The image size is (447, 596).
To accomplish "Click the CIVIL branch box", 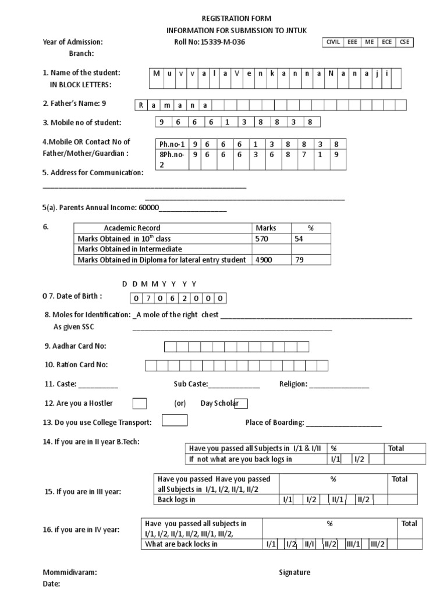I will pyautogui.click(x=333, y=42).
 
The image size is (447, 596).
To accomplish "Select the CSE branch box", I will pyautogui.click(x=405, y=42).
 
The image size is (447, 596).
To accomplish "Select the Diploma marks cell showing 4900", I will pyautogui.click(x=264, y=260).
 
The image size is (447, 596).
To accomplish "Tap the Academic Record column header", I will pyautogui.click(x=132, y=228).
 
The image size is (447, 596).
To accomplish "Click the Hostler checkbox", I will pyautogui.click(x=140, y=403).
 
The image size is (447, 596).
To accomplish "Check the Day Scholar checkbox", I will pyautogui.click(x=241, y=403).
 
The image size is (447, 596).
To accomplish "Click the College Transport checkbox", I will pyautogui.click(x=175, y=421).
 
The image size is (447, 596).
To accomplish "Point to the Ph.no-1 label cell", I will pyautogui.click(x=171, y=144).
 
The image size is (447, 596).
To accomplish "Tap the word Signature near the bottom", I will pyautogui.click(x=295, y=572).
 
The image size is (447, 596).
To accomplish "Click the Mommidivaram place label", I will pyautogui.click(x=70, y=572).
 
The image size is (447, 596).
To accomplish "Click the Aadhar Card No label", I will pyautogui.click(x=76, y=346).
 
